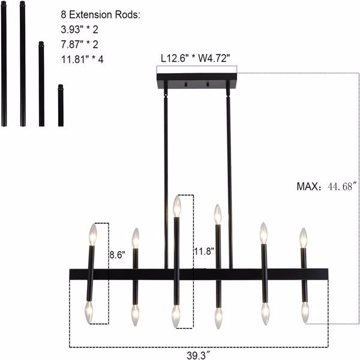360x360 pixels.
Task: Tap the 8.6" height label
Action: (117, 255)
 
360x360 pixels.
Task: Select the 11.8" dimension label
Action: (204, 251)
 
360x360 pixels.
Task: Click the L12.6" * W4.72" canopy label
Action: (196, 58)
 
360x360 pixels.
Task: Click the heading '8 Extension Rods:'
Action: (100, 14)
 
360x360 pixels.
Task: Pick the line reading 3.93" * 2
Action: (79, 29)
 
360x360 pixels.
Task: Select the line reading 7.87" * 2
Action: (79, 44)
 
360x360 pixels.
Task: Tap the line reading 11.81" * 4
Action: (82, 59)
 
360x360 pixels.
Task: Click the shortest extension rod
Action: (61, 106)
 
